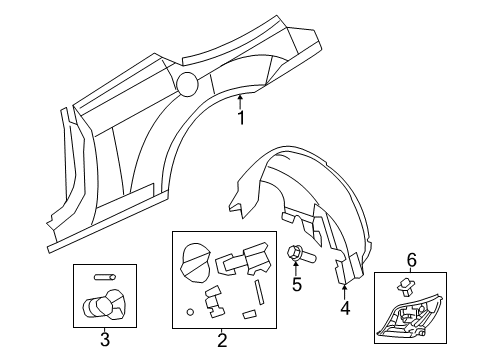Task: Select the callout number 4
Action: pos(344,308)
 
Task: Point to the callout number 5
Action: pos(296,285)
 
